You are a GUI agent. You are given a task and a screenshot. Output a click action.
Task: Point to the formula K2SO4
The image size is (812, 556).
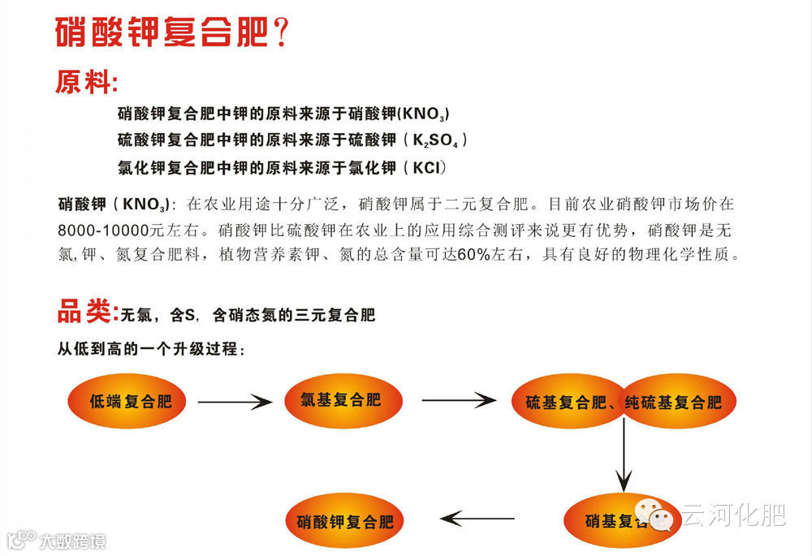tap(439, 140)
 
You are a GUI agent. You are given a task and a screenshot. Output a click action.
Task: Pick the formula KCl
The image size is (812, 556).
tap(429, 168)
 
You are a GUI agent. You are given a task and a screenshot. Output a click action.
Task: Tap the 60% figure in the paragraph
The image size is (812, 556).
tap(473, 255)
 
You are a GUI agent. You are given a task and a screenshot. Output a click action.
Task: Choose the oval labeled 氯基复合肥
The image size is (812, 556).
tap(340, 399)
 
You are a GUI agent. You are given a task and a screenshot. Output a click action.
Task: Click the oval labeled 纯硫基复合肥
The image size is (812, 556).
tap(676, 402)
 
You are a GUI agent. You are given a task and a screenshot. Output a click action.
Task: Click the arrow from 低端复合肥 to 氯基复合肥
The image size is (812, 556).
tap(234, 401)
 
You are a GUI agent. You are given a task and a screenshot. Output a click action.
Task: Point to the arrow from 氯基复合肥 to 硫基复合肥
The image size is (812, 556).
tap(458, 400)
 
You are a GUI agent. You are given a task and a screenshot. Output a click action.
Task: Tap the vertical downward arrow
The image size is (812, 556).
tap(624, 455)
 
